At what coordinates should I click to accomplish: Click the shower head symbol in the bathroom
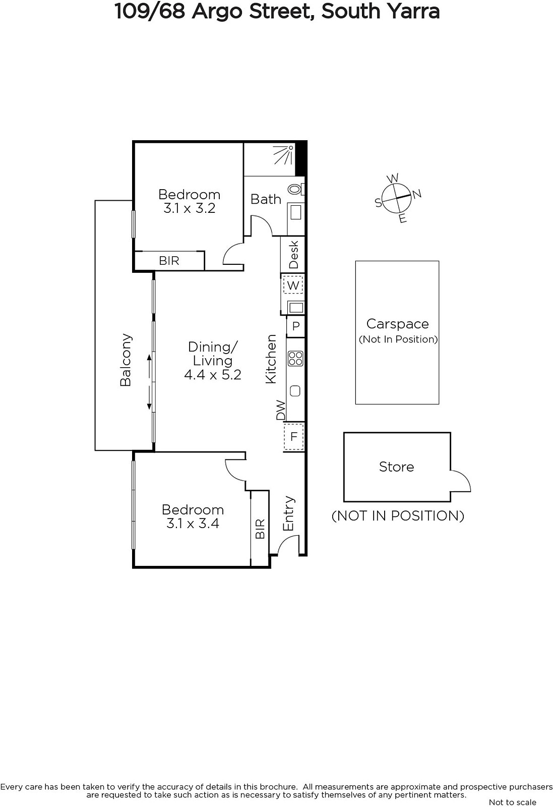pyautogui.click(x=283, y=155)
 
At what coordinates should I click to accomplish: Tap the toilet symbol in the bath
pyautogui.click(x=296, y=189)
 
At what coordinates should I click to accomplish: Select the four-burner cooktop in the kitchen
pyautogui.click(x=295, y=359)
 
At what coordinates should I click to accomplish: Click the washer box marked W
pyautogui.click(x=293, y=285)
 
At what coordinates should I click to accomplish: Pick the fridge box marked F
pyautogui.click(x=294, y=437)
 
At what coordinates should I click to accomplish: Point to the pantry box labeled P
pyautogui.click(x=296, y=326)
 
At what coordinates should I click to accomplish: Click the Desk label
pyautogui.click(x=293, y=254)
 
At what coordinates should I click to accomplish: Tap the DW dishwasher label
pyautogui.click(x=280, y=411)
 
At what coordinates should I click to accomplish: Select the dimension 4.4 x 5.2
pyautogui.click(x=212, y=375)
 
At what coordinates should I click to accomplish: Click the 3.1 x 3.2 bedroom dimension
pyautogui.click(x=190, y=208)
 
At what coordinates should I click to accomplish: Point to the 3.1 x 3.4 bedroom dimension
pyautogui.click(x=193, y=523)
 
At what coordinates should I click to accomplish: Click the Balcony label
pyautogui.click(x=126, y=360)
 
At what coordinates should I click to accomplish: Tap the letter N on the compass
pyautogui.click(x=416, y=194)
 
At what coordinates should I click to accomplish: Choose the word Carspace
pyautogui.click(x=397, y=324)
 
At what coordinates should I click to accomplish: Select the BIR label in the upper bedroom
pyautogui.click(x=169, y=260)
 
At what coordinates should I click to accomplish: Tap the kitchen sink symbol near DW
pyautogui.click(x=295, y=391)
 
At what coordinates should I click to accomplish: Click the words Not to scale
pyautogui.click(x=512, y=802)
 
